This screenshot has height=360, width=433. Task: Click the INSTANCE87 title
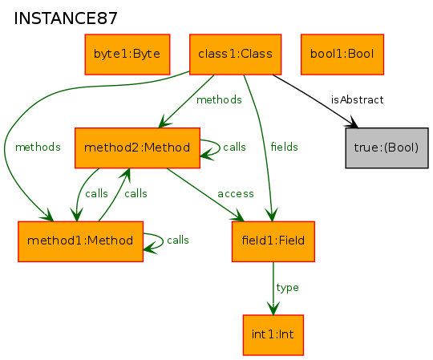tap(66, 18)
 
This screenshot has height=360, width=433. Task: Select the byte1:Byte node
tap(127, 55)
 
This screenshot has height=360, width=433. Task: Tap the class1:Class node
tap(235, 55)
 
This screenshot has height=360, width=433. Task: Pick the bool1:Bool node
tap(342, 55)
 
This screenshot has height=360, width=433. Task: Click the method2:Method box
tap(137, 148)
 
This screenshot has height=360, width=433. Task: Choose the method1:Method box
tap(80, 241)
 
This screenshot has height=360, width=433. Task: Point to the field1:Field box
tap(273, 241)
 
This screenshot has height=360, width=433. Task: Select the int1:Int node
tap(273, 334)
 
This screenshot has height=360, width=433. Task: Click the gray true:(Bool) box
tap(386, 148)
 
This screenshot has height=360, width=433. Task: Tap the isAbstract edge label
tap(357, 99)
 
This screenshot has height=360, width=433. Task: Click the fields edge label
tap(284, 147)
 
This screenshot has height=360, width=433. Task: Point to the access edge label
tap(236, 194)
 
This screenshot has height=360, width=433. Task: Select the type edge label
tap(287, 288)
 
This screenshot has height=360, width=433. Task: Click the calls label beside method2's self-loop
tap(234, 147)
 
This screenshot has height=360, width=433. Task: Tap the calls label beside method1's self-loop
tap(178, 240)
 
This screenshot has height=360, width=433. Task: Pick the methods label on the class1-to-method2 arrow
tap(219, 99)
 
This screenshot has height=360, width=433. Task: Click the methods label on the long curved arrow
tap(38, 147)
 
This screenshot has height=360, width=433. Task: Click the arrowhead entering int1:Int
tap(273, 308)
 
